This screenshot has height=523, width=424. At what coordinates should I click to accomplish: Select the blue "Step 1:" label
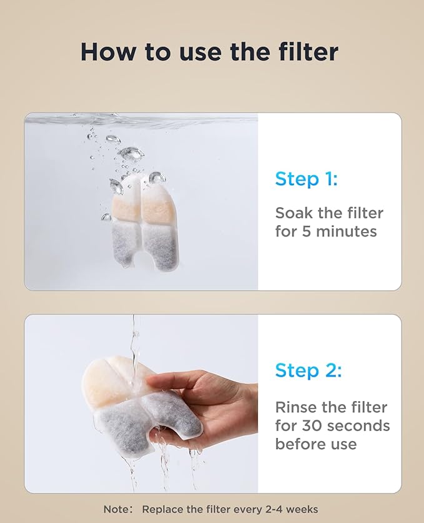pos(306,179)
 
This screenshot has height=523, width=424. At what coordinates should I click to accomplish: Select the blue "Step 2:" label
pos(308,370)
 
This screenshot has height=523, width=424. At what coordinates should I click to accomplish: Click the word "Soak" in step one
pos(296,213)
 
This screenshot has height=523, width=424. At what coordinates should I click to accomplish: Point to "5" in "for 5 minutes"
pos(307,231)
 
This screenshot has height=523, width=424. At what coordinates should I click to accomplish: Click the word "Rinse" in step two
pos(298,407)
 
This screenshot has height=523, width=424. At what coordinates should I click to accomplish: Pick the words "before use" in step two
pos(316,444)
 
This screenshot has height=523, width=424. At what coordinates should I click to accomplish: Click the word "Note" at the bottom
pos(116,509)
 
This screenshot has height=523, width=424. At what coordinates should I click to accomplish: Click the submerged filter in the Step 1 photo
pos(140,222)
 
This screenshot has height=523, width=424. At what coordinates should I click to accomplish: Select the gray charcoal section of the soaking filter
pos(141,241)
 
